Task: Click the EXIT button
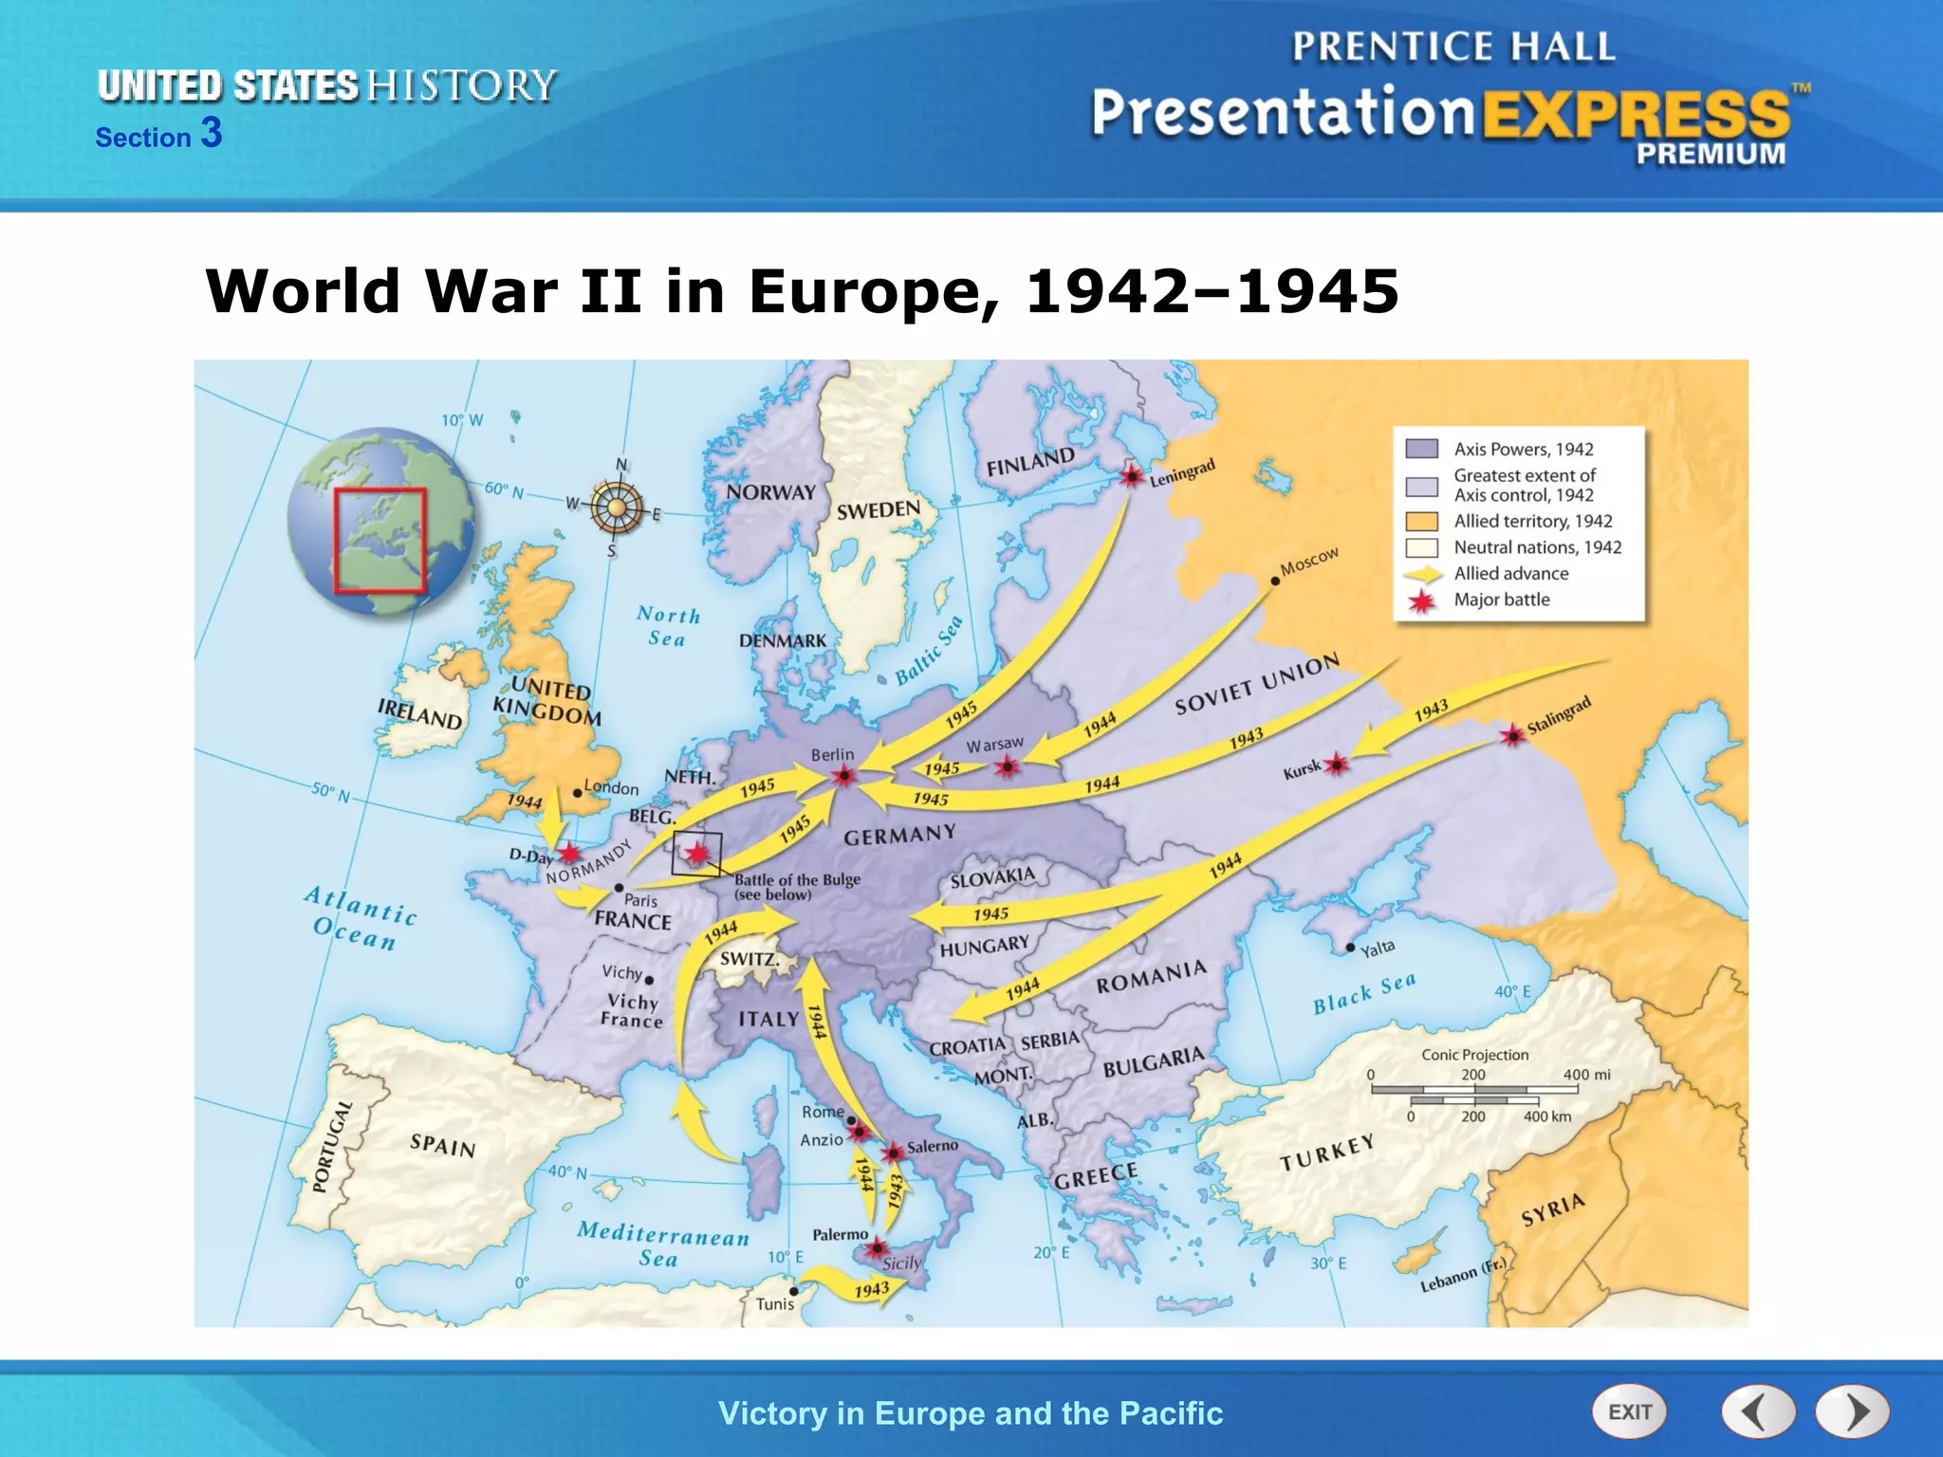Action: click(1629, 1411)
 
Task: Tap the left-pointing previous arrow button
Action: click(1758, 1411)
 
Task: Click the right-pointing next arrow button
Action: click(1852, 1411)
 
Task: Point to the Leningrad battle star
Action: click(1131, 475)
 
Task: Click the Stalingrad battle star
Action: click(1512, 734)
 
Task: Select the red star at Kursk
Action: click(1336, 764)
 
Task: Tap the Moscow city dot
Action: click(1275, 581)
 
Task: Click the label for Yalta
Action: click(1378, 948)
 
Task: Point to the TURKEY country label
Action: click(1326, 1153)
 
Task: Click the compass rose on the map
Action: click(617, 507)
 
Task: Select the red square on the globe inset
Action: click(379, 540)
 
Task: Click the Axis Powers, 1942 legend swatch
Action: click(1421, 449)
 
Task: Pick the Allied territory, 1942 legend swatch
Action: click(1421, 521)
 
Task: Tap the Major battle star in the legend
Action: click(1421, 600)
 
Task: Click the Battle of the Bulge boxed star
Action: click(697, 854)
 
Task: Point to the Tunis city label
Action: click(774, 1304)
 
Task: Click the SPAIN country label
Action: click(442, 1145)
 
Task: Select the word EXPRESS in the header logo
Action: click(1636, 115)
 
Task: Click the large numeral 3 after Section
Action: click(212, 133)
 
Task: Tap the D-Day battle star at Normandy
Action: click(568, 853)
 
